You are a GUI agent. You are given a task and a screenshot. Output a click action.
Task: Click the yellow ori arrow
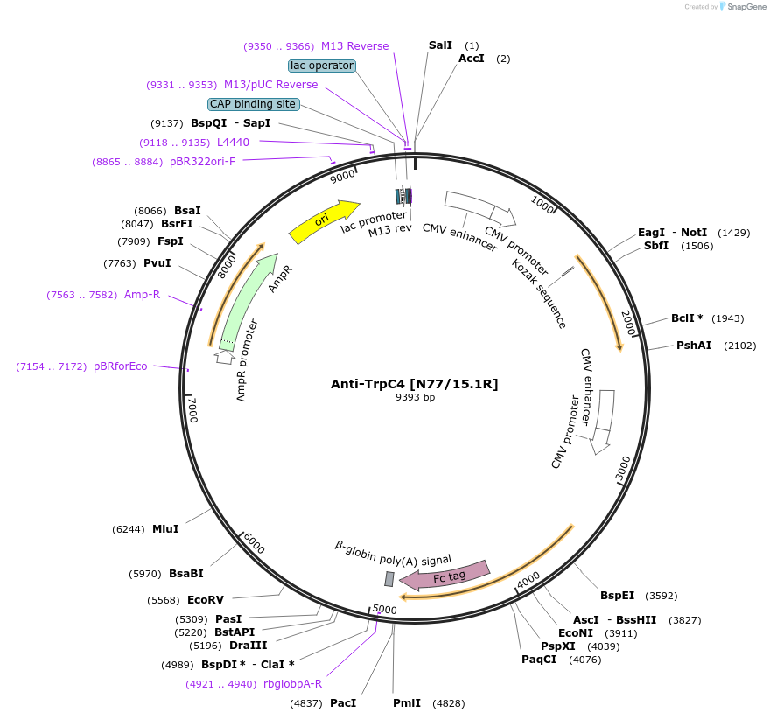(x=323, y=222)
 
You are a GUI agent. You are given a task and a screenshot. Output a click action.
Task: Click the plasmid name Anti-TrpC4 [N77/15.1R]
(x=414, y=383)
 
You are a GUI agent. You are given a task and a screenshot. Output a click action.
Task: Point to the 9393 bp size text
(x=415, y=397)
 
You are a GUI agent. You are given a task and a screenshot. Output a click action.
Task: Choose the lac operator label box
(x=321, y=66)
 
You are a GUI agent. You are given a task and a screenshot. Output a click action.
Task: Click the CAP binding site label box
(x=253, y=104)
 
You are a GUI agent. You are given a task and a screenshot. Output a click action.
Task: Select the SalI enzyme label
(x=440, y=45)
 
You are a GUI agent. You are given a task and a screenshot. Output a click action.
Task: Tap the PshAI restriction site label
(x=691, y=346)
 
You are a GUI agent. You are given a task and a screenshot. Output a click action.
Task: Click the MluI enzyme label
(x=165, y=529)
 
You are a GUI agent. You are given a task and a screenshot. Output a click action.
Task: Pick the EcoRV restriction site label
(x=206, y=600)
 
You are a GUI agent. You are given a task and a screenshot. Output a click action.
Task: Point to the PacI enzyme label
(x=343, y=703)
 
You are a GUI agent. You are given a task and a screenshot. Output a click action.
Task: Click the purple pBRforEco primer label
(x=121, y=366)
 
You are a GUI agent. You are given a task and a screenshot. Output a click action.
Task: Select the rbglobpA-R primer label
(x=292, y=684)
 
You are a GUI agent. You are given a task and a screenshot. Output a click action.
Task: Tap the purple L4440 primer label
(x=233, y=142)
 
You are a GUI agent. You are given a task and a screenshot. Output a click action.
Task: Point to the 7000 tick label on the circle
(x=193, y=409)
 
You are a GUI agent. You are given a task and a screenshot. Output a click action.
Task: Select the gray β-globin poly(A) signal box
(x=389, y=579)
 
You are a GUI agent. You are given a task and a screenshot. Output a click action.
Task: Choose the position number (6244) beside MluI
(x=129, y=529)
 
